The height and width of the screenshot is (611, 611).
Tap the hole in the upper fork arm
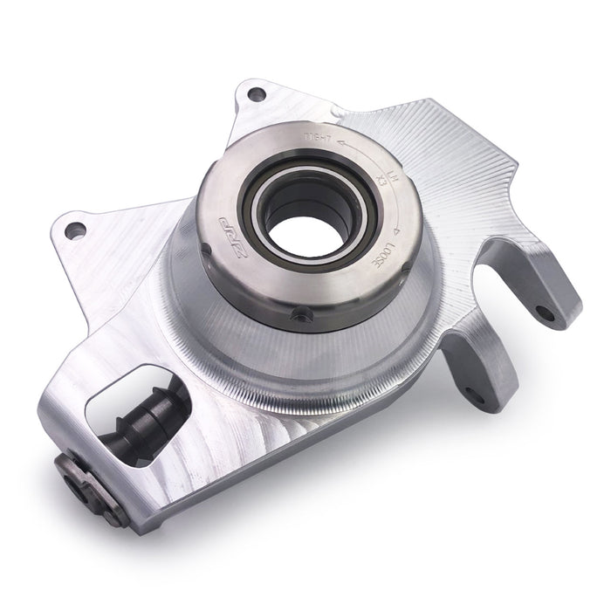545,312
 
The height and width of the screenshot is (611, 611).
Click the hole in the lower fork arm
475,395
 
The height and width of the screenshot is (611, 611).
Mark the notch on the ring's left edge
204,247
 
